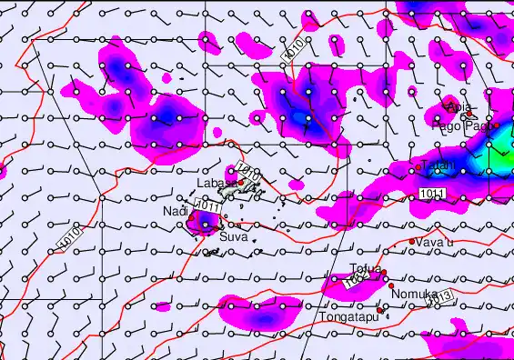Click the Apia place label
pyautogui.click(x=460, y=107)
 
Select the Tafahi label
pyautogui.click(x=438, y=165)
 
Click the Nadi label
pyautogui.click(x=175, y=212)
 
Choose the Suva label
pyautogui.click(x=233, y=236)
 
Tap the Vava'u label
pyautogui.click(x=435, y=243)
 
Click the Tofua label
pyautogui.click(x=365, y=268)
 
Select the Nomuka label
pyautogui.click(x=409, y=295)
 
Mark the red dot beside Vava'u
pyautogui.click(x=412, y=242)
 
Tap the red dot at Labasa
pyautogui.click(x=241, y=183)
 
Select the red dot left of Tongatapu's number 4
pyautogui.click(x=382, y=308)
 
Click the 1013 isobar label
pyautogui.click(x=439, y=297)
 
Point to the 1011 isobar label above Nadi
pyautogui.click(x=207, y=208)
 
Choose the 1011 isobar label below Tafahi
pyautogui.click(x=432, y=195)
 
